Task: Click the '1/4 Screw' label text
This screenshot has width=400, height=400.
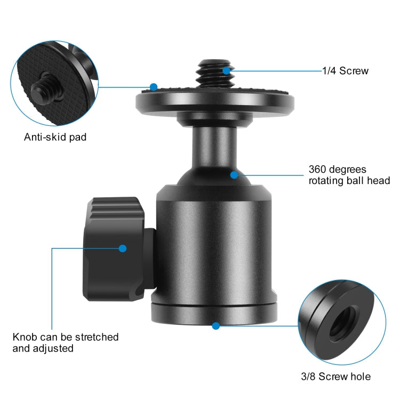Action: tap(345, 70)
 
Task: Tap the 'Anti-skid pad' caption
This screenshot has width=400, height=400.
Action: tap(55, 137)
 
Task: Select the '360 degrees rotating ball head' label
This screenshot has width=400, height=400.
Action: tap(349, 175)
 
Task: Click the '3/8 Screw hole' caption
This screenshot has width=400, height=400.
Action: tap(335, 377)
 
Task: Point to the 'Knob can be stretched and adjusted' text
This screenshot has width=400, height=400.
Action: tap(66, 342)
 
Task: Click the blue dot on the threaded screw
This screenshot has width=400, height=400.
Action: tap(226, 70)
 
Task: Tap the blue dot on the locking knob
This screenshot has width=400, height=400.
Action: tap(123, 248)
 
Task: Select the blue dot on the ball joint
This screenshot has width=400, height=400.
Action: tap(234, 175)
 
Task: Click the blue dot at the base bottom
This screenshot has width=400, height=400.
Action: tap(216, 326)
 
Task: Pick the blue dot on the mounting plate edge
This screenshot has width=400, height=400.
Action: tap(154, 87)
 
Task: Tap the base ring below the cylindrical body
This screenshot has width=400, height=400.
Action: tap(214, 314)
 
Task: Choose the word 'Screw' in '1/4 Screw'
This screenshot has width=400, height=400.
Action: tap(354, 70)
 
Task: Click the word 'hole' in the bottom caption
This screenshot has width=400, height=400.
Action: tap(361, 377)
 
